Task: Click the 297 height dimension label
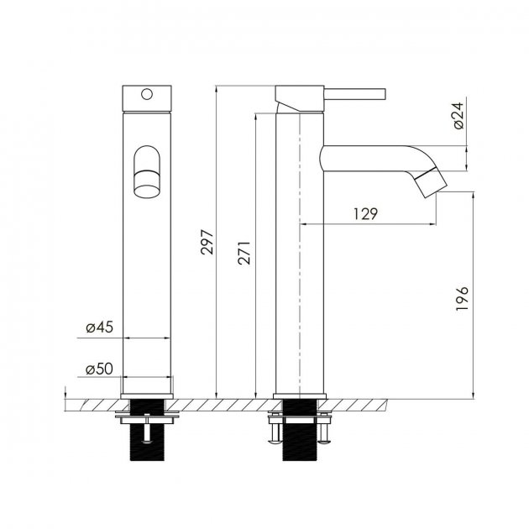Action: pyautogui.click(x=207, y=242)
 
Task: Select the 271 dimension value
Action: pyautogui.click(x=244, y=253)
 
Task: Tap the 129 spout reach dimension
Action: pyautogui.click(x=366, y=214)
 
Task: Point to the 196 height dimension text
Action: pyautogui.click(x=462, y=298)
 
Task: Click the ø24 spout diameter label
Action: pyautogui.click(x=458, y=116)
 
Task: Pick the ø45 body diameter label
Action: pyautogui.click(x=100, y=327)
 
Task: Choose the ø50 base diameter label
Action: pyautogui.click(x=100, y=369)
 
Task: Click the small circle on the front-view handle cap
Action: pyautogui.click(x=147, y=94)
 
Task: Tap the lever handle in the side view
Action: pyautogui.click(x=355, y=94)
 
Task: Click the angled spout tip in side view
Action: pyautogui.click(x=431, y=182)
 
